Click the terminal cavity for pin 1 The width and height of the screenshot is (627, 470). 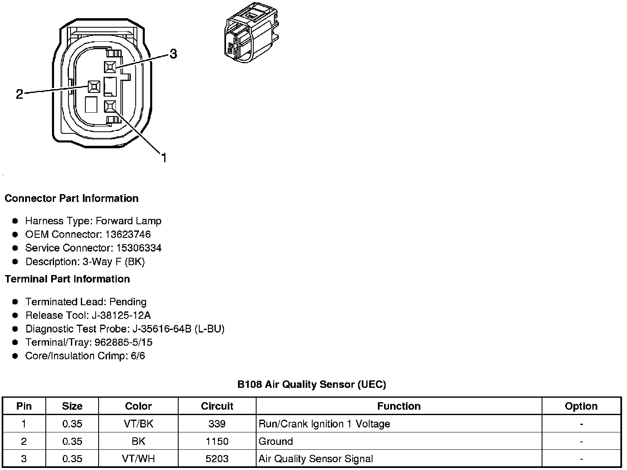[x=109, y=107]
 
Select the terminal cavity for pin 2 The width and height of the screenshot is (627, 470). [x=94, y=86]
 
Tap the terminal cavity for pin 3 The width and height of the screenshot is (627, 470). [x=110, y=67]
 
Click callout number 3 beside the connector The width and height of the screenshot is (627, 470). [x=173, y=54]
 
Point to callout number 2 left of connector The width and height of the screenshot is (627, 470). [x=19, y=94]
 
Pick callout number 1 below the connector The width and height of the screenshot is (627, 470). [x=163, y=158]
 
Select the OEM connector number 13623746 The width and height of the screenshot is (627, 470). [x=128, y=235]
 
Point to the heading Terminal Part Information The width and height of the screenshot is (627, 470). [x=67, y=279]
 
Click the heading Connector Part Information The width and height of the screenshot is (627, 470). [x=71, y=199]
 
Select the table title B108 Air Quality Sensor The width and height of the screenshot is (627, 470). [x=311, y=385]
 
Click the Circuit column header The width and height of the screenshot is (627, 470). [x=217, y=406]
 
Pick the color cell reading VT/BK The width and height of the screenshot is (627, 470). [x=138, y=424]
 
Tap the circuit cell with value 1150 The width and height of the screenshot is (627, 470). [x=217, y=442]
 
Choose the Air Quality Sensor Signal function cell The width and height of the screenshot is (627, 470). [x=316, y=459]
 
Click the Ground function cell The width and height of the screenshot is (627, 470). [x=276, y=442]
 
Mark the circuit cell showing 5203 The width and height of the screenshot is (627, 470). [x=217, y=459]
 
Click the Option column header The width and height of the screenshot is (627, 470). [x=581, y=406]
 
